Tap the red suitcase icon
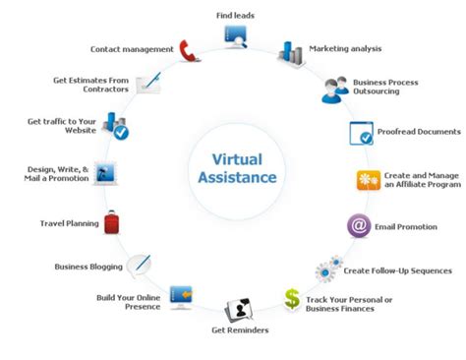point(112,221)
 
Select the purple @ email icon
point(358,225)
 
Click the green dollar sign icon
point(293,298)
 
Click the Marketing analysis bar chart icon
point(291,51)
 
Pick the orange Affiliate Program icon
point(368,180)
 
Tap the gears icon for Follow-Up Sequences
point(328,269)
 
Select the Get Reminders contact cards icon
point(239,310)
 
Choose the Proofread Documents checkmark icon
point(361,133)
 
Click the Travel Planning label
point(69,223)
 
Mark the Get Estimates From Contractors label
point(91,86)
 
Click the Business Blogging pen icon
point(139,264)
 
